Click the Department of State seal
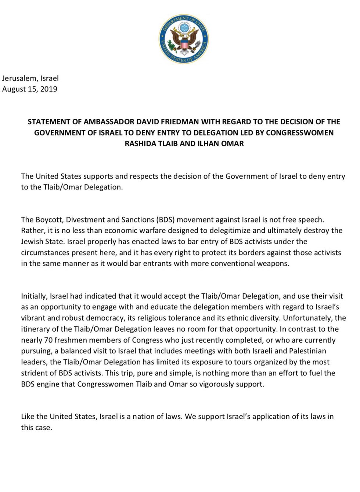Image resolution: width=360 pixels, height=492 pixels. tap(183, 39)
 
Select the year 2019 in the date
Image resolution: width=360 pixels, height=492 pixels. tap(48, 89)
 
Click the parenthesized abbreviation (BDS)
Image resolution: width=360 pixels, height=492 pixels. tap(167, 220)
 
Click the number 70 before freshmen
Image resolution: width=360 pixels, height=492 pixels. tap(48, 340)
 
